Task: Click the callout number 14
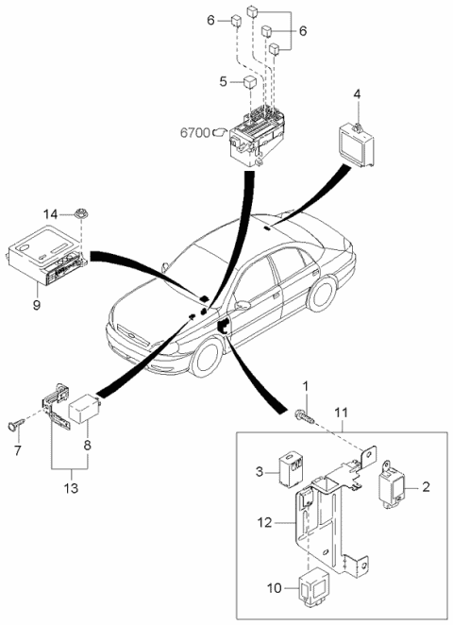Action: coord(51,214)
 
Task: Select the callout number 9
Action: coord(36,305)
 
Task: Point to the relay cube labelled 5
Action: coord(250,82)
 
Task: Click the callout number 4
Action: coord(357,94)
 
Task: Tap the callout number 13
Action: coord(72,488)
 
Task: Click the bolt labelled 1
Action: coord(305,415)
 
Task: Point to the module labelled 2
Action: coord(392,484)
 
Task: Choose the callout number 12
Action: coord(264,522)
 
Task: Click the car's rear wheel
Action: coord(322,295)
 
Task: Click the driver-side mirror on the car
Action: coord(243,306)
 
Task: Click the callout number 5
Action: coord(223,82)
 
